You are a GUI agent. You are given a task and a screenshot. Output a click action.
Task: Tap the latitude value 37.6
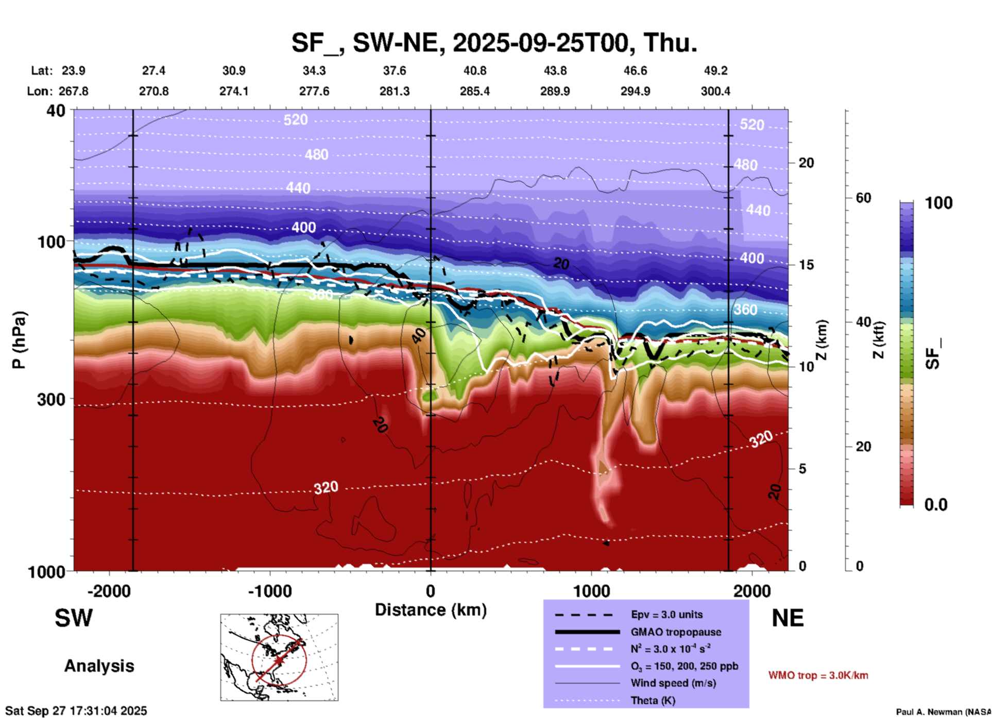pyautogui.click(x=395, y=71)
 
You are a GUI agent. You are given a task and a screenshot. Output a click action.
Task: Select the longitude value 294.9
pyautogui.click(x=635, y=91)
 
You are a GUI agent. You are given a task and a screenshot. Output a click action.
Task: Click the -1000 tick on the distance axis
pyautogui.click(x=270, y=591)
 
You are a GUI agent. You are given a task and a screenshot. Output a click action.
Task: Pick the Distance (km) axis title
pyautogui.click(x=431, y=610)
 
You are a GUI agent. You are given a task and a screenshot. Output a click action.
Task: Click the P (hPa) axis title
pyautogui.click(x=19, y=340)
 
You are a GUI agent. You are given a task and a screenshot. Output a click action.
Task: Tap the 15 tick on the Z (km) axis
pyautogui.click(x=806, y=265)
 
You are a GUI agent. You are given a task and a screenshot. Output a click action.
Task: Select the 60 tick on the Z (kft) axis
pyautogui.click(x=863, y=198)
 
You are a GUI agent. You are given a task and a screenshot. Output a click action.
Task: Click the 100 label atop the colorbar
pyautogui.click(x=938, y=203)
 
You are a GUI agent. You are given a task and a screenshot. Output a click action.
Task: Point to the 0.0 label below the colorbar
pyautogui.click(x=936, y=504)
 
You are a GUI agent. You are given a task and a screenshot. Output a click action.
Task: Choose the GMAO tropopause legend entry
pyautogui.click(x=676, y=632)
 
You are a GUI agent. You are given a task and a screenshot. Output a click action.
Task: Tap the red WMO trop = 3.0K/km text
pyautogui.click(x=818, y=675)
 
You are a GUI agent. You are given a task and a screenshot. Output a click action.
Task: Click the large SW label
pyautogui.click(x=74, y=618)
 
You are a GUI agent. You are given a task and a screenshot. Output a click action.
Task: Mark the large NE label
pyautogui.click(x=788, y=618)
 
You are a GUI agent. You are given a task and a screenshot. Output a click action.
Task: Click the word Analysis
pyautogui.click(x=99, y=666)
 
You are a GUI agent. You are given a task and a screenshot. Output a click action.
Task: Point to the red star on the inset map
pyautogui.click(x=279, y=660)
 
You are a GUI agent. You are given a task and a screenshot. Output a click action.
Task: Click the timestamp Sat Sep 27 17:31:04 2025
pyautogui.click(x=76, y=711)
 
